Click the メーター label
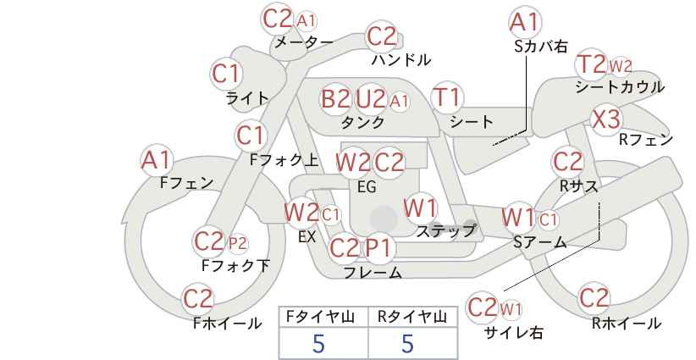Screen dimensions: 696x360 point(304,42)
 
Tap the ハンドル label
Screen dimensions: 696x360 point(401,59)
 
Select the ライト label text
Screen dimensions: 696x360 point(248,98)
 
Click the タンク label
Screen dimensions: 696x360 point(362,122)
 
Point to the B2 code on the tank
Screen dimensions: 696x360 point(335,98)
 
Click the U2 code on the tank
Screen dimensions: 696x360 point(370,98)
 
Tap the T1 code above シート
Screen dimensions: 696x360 point(447,97)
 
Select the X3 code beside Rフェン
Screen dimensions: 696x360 point(606,119)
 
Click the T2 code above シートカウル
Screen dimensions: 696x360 point(592,64)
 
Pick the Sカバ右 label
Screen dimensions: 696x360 point(541,47)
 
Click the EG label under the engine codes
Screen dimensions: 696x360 point(367,187)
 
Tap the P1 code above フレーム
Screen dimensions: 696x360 point(379,247)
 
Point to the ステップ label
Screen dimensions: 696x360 point(445,231)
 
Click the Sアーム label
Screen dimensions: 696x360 point(539,242)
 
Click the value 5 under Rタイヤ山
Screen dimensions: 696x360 point(407,343)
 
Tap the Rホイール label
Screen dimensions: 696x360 point(627,324)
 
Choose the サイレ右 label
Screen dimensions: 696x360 point(514,333)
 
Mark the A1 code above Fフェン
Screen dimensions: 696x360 point(155,160)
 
